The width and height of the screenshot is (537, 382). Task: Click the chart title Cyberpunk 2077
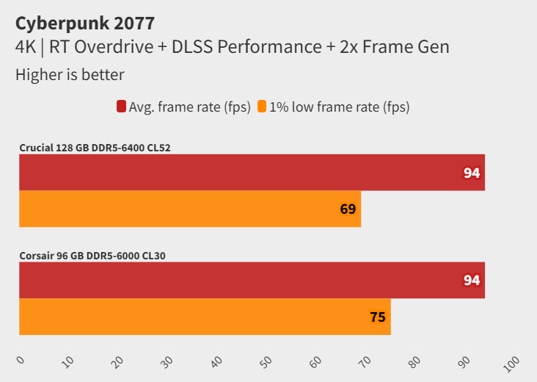pyautogui.click(x=85, y=23)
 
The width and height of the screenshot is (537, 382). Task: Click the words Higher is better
pyautogui.click(x=70, y=74)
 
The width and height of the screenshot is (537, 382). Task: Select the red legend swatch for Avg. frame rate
pyautogui.click(x=121, y=107)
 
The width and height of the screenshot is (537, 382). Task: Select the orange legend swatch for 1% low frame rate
pyautogui.click(x=262, y=107)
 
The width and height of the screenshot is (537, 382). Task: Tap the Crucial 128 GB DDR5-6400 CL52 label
pyautogui.click(x=95, y=148)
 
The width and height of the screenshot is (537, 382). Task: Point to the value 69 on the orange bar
pyautogui.click(x=348, y=209)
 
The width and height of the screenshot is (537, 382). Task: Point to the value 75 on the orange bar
pyautogui.click(x=377, y=317)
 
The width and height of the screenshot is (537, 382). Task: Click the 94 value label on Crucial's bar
pyautogui.click(x=471, y=173)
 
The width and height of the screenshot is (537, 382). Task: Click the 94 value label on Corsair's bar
pyautogui.click(x=471, y=281)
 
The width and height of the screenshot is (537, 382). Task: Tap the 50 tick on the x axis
pyautogui.click(x=266, y=361)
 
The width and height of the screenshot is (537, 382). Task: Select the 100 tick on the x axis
pyautogui.click(x=511, y=361)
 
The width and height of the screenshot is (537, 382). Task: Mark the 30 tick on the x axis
pyautogui.click(x=167, y=361)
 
